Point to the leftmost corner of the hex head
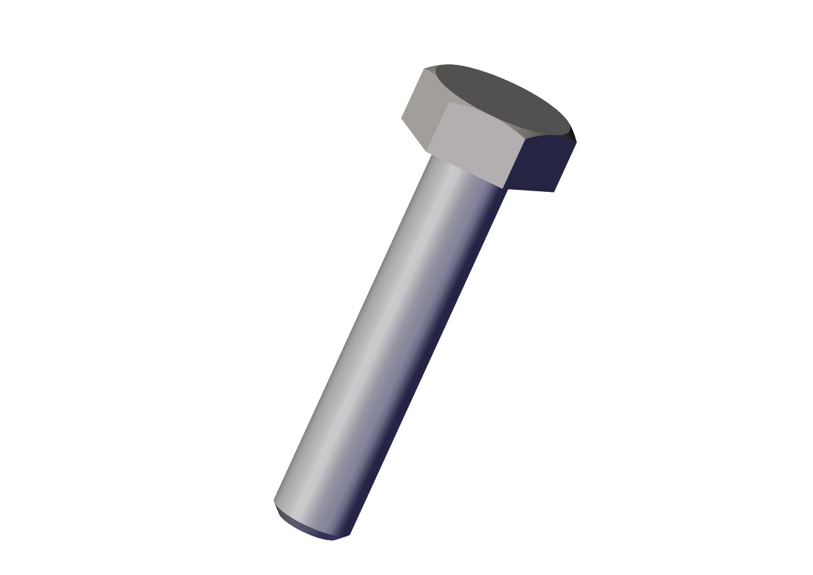point(401,118)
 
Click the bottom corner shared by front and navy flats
point(505,189)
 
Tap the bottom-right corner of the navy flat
point(554,192)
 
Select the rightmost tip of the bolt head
point(576,141)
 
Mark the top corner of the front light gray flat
point(449,103)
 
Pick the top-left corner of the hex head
point(424,69)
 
